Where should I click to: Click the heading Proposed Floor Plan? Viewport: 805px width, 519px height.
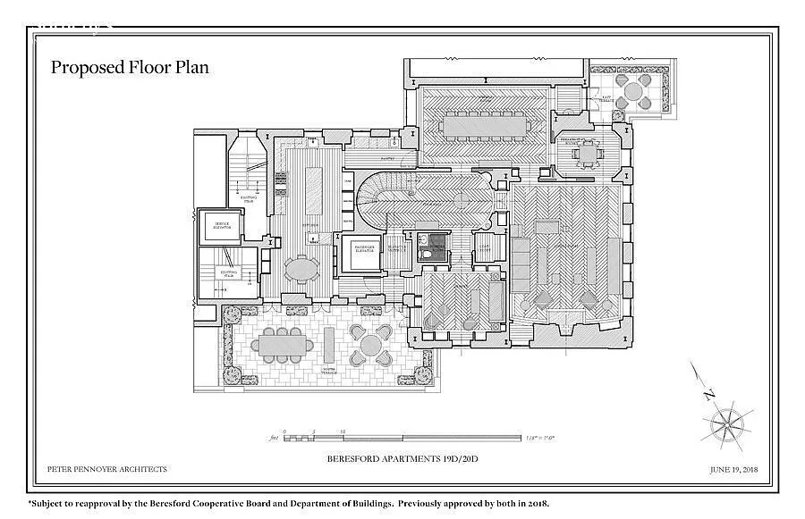[130, 67]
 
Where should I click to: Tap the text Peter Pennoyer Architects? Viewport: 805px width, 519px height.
[106, 469]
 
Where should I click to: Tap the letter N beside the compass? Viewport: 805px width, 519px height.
[708, 394]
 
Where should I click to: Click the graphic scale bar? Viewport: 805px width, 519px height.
[402, 438]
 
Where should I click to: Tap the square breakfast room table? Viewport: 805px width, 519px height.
[589, 154]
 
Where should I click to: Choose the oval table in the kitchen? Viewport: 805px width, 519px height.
[302, 268]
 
